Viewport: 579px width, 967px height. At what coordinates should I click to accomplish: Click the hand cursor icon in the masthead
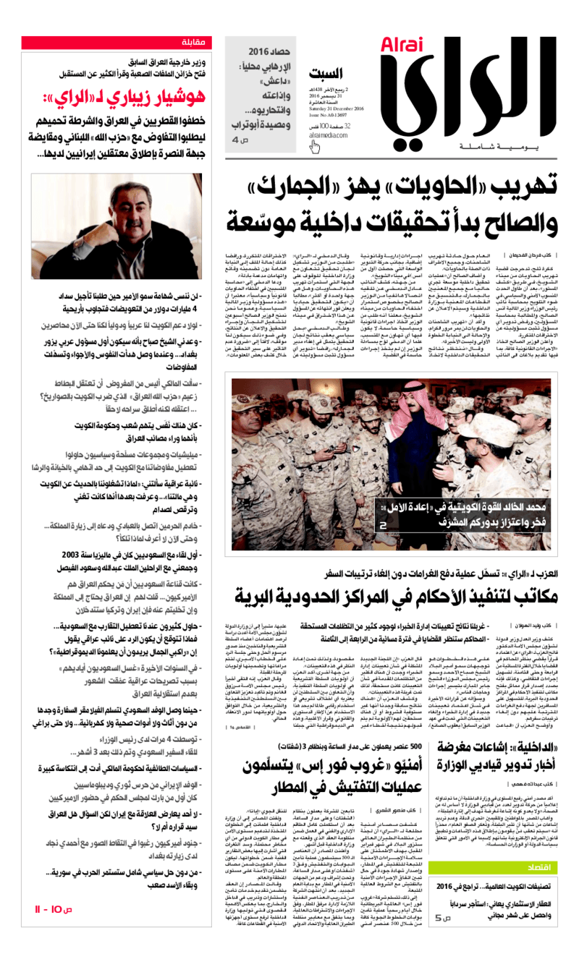[x=314, y=148]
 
